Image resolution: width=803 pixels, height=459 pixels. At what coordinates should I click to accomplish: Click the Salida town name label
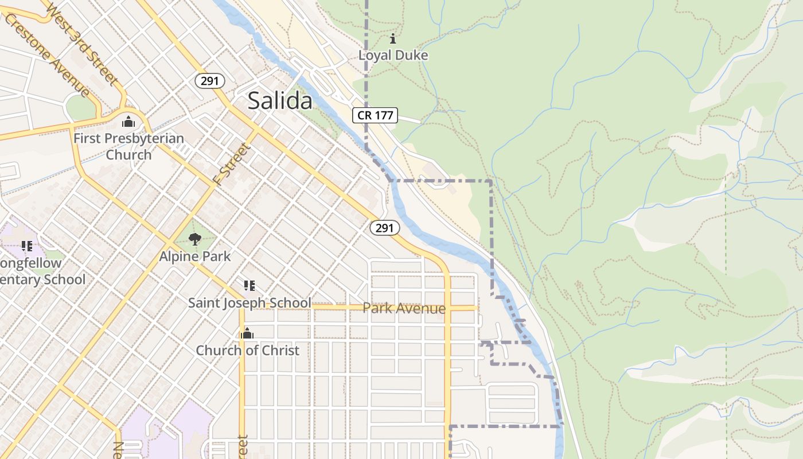pos(280,101)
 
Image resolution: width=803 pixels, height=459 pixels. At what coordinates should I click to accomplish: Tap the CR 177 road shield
pos(375,115)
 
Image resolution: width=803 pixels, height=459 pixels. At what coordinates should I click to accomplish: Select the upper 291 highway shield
pos(210,81)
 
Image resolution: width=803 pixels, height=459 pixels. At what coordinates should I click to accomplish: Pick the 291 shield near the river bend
pos(384,228)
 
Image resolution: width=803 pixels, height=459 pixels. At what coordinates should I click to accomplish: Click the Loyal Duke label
pos(393,56)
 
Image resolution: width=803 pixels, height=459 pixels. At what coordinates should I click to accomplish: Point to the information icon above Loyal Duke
pos(393,39)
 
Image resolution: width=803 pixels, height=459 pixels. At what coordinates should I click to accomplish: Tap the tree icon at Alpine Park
pos(195,239)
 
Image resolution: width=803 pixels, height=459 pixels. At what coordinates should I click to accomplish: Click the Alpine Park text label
pos(195,256)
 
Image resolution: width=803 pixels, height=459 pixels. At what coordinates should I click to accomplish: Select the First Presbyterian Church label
pos(128,146)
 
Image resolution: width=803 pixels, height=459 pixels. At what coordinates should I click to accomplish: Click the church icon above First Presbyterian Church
pos(128,122)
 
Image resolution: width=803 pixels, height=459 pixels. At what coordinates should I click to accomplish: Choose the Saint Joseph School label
pos(250,302)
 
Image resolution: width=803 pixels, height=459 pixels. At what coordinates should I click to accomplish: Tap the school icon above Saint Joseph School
pos(250,285)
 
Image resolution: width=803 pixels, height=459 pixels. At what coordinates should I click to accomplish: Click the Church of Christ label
pos(247,350)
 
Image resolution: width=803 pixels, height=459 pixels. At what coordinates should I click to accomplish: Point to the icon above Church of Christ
pos(247,333)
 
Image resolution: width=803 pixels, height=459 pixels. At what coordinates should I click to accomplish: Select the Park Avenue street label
pos(404,308)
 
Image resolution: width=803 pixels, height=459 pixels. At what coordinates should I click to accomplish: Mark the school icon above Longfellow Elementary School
pos(26,246)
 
